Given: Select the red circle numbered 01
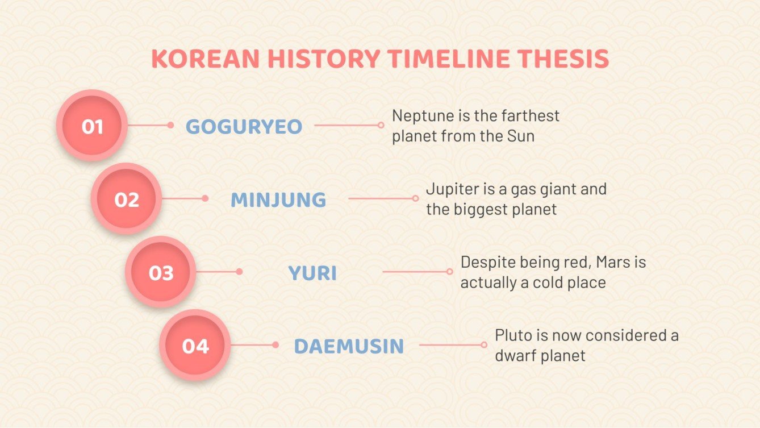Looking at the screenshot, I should [x=92, y=126].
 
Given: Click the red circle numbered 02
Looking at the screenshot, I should [x=127, y=199].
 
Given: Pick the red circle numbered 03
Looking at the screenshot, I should [x=161, y=272].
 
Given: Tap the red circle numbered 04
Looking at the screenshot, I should [x=195, y=346].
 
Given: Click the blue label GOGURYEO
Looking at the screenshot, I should [x=244, y=127].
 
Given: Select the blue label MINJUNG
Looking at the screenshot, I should [x=278, y=200].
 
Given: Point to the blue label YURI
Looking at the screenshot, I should [x=312, y=273].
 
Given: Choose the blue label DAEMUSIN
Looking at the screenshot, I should [x=349, y=346].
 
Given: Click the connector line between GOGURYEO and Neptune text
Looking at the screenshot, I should [x=346, y=125].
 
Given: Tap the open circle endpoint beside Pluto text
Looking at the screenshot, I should [x=484, y=344].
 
